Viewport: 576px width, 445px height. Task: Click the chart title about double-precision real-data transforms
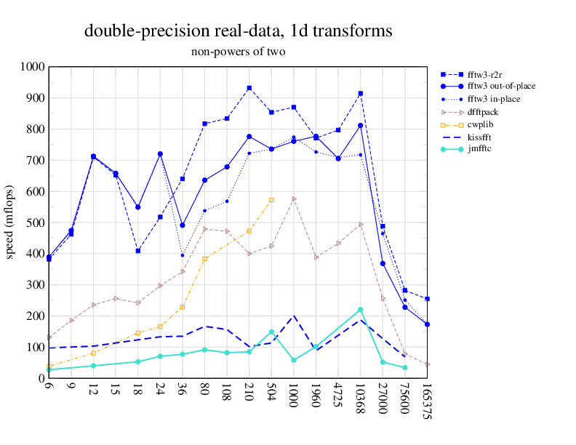coord(238,31)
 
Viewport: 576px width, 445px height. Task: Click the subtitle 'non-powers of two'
coord(238,52)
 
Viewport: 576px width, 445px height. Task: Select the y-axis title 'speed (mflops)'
coord(10,222)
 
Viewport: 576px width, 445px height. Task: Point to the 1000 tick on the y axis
coord(33,67)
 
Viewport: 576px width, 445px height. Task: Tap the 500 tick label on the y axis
coord(36,222)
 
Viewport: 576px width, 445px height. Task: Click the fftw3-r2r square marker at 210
coord(249,88)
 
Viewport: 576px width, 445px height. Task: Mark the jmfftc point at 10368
coord(361,310)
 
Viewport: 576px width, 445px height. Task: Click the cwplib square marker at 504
coord(271,199)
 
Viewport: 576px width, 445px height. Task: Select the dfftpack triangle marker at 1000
coord(294,199)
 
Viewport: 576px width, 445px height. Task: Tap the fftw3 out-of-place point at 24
coord(160,154)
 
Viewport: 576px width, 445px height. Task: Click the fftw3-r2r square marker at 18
coord(138,251)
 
